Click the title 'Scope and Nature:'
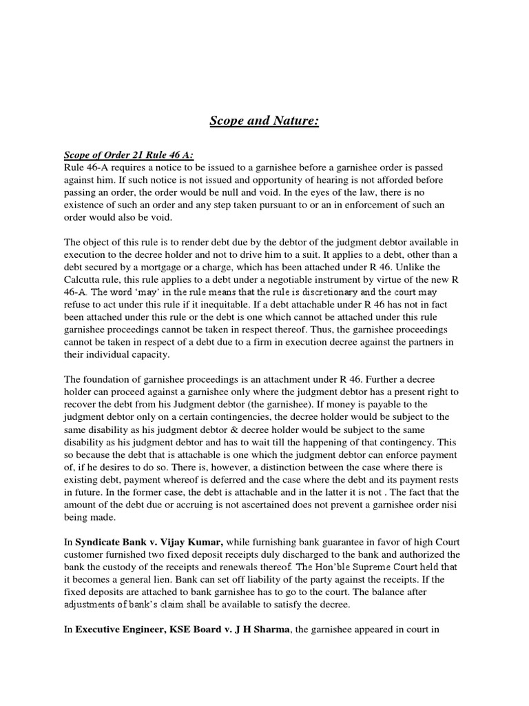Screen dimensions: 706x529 (264, 123)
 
